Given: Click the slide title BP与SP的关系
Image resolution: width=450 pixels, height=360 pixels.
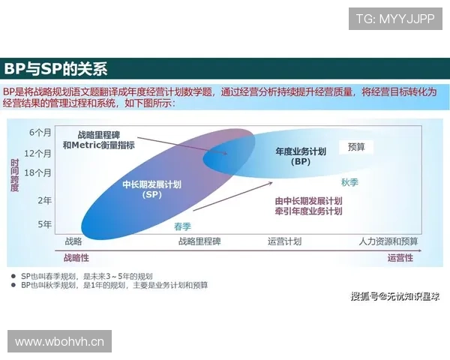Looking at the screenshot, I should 56,69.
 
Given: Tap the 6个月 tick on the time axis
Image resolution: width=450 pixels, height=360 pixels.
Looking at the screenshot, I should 40,133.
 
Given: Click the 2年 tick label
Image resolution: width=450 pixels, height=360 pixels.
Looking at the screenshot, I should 44,200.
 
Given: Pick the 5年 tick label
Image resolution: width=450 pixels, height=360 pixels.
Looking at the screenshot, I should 44,224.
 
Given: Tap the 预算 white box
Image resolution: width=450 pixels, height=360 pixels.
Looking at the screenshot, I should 356,148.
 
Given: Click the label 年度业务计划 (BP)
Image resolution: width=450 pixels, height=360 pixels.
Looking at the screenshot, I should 301,156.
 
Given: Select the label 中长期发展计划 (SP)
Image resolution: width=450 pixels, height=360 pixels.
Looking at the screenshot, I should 152,189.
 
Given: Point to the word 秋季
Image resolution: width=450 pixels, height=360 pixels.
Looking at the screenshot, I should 350,182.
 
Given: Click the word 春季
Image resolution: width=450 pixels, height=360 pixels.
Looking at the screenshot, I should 182,226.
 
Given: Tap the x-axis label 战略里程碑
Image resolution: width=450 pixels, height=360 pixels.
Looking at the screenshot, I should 199,241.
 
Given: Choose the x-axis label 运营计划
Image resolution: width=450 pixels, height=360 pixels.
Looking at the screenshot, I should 284,241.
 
